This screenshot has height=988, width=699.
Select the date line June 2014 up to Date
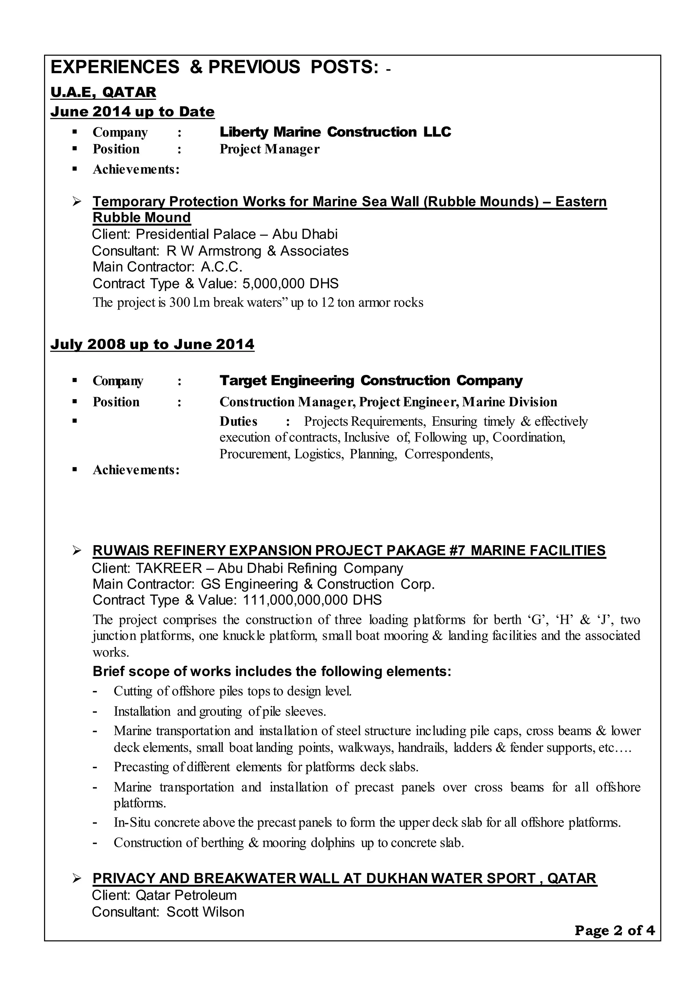click(132, 112)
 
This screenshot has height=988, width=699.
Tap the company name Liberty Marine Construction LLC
click(335, 132)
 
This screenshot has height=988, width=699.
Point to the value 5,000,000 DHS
click(290, 284)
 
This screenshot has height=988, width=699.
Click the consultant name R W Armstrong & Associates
click(257, 251)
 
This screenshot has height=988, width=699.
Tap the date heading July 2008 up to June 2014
click(152, 344)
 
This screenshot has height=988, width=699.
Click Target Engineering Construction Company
click(371, 381)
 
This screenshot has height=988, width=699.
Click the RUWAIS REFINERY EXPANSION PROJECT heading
click(349, 551)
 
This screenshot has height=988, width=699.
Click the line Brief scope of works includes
click(272, 672)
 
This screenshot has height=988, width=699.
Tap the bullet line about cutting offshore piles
click(232, 691)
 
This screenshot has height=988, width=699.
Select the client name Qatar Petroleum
click(186, 895)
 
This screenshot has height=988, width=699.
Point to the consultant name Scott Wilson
click(205, 912)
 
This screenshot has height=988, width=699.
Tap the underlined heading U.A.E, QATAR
click(103, 92)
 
